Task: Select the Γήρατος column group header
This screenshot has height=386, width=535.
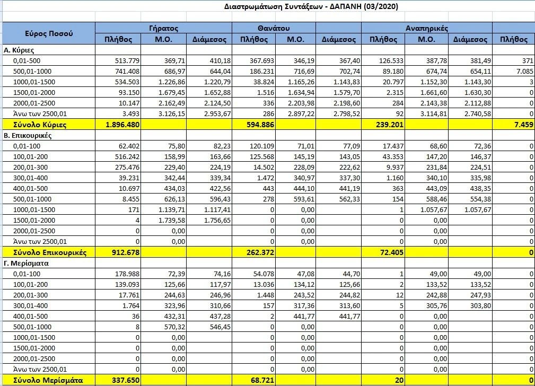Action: pyautogui.click(x=163, y=28)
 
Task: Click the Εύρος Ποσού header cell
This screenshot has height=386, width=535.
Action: pyautogui.click(x=49, y=33)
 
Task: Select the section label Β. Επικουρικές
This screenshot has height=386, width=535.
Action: pyautogui.click(x=27, y=135)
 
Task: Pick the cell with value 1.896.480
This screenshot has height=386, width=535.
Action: pyautogui.click(x=121, y=124)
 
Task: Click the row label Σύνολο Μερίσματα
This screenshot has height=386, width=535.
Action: pyautogui.click(x=42, y=380)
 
